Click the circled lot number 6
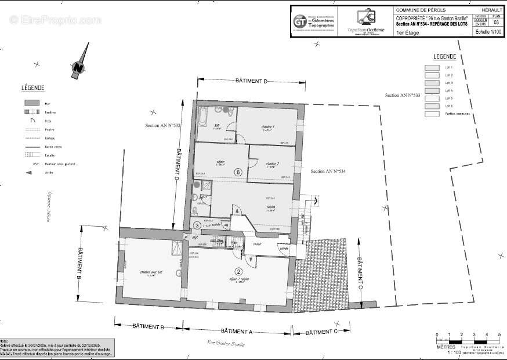[x=237, y=172]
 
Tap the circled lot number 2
[x=238, y=271]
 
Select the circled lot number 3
[x=198, y=225]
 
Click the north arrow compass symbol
[x=79, y=66]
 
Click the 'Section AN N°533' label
[x=403, y=94]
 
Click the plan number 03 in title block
[x=496, y=22]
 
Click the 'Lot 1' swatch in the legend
[x=433, y=68]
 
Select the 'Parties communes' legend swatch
[x=433, y=114]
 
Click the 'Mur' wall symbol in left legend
[x=31, y=103]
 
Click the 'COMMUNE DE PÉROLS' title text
[x=418, y=10]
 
